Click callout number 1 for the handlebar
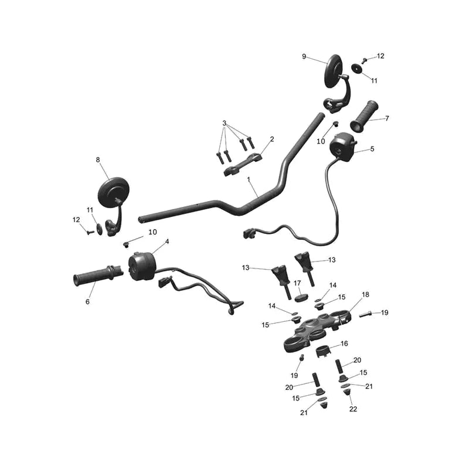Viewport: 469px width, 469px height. click(x=248, y=179)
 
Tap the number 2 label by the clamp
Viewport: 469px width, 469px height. click(x=272, y=139)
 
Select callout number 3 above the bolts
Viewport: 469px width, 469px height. click(x=225, y=123)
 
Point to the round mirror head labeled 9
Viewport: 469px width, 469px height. click(x=334, y=72)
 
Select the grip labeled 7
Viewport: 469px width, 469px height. click(x=364, y=117)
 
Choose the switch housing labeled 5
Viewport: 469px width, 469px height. click(x=343, y=147)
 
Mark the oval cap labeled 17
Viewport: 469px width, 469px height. click(x=301, y=298)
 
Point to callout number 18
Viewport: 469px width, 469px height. click(x=365, y=295)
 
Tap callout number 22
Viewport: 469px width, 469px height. click(x=354, y=409)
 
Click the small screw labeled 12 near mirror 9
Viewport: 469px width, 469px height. click(x=364, y=60)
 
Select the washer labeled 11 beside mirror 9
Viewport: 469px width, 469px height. click(x=356, y=68)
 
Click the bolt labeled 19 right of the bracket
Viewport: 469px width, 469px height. click(x=365, y=314)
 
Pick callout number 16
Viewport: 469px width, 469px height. click(x=344, y=344)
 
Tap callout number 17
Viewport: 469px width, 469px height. click(x=297, y=283)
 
